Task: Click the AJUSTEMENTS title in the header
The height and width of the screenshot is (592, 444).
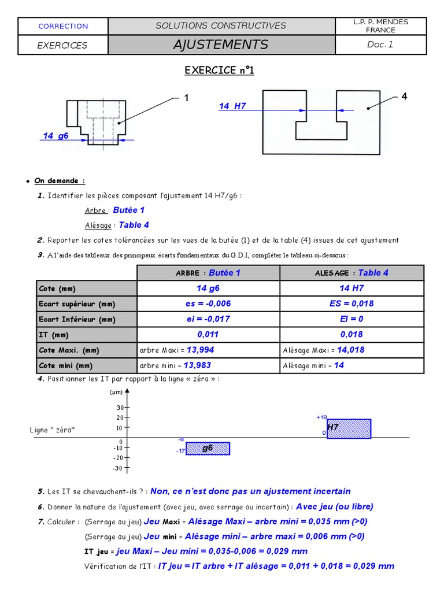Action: click(x=220, y=45)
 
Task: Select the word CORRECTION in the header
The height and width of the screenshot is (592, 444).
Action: click(x=63, y=26)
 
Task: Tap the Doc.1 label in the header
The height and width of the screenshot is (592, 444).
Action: click(x=380, y=45)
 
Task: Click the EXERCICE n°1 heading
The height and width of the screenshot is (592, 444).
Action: click(x=219, y=71)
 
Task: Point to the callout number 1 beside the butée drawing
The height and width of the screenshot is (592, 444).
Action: click(x=186, y=98)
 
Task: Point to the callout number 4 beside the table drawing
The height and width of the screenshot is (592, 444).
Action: click(x=404, y=97)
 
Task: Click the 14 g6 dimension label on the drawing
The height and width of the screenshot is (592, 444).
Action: click(x=55, y=136)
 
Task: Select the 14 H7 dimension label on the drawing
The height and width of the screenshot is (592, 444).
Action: click(x=232, y=106)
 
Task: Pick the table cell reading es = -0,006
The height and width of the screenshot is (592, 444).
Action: click(x=209, y=304)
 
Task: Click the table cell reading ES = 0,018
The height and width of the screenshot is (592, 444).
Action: click(x=351, y=304)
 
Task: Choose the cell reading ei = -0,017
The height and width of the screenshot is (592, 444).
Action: click(x=209, y=319)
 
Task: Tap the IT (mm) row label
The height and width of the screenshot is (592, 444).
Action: click(x=53, y=335)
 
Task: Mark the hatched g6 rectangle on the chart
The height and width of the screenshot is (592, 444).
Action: click(x=208, y=448)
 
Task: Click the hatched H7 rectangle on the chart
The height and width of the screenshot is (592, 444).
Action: click(x=349, y=428)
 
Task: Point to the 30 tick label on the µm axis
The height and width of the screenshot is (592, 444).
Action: click(x=119, y=407)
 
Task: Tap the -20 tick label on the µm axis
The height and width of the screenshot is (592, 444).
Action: click(x=117, y=457)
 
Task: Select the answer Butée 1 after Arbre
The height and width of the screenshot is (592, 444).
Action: click(x=129, y=210)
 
